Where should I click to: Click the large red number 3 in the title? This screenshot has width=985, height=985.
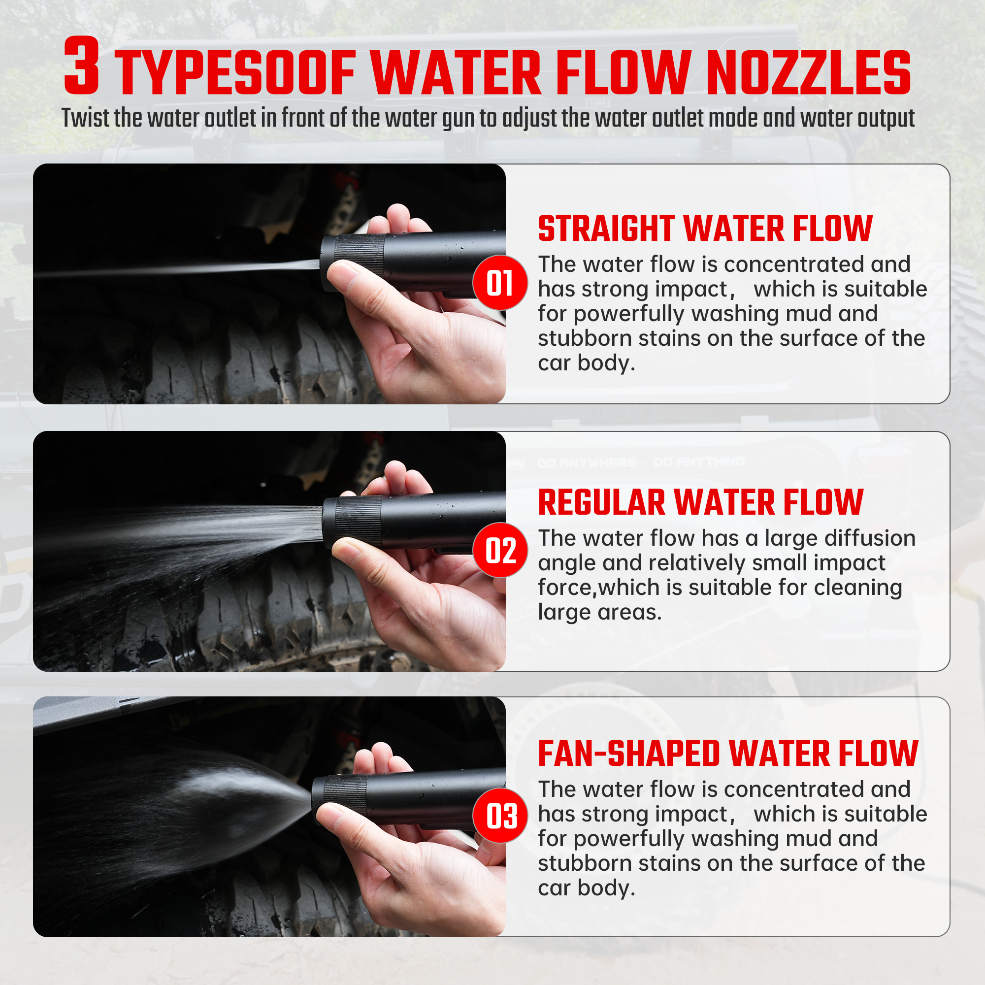(x=81, y=66)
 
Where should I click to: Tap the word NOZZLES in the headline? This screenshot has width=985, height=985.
(x=808, y=72)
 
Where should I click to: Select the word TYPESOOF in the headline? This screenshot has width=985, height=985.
(x=235, y=72)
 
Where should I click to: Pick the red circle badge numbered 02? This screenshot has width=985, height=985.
(x=500, y=550)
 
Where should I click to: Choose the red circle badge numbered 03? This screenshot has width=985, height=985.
(x=500, y=816)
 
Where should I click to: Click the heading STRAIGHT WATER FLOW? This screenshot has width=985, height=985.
(x=705, y=229)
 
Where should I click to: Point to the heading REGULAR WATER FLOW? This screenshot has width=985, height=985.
(x=700, y=502)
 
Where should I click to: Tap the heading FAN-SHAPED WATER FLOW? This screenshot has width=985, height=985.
(x=728, y=754)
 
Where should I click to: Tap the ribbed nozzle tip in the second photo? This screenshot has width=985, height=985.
(x=352, y=521)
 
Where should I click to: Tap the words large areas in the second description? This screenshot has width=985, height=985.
(x=599, y=612)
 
